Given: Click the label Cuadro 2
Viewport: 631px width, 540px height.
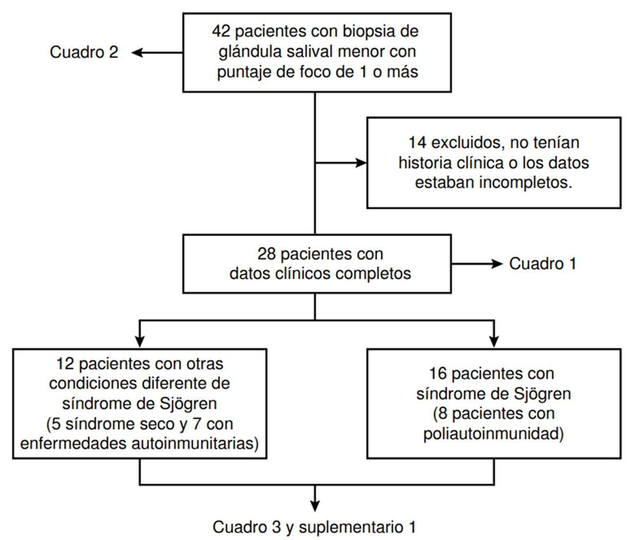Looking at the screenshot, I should click(x=84, y=52).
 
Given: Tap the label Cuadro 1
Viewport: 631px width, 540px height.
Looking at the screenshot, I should click(x=543, y=263).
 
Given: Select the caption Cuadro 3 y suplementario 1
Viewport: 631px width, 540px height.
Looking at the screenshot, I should click(x=314, y=527).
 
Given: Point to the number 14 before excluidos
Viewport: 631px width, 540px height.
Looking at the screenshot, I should click(x=417, y=143).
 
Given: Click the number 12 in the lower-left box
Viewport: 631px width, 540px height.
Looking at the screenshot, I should click(x=66, y=364).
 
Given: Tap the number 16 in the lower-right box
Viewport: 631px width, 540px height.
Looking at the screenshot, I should click(x=438, y=374).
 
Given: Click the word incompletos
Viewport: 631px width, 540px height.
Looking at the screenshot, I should click(x=525, y=182).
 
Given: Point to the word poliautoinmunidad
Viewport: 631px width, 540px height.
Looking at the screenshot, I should click(x=493, y=433).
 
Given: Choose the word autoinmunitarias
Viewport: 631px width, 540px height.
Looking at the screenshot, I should click(x=195, y=443).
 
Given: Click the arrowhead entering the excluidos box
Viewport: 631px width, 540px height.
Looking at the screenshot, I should click(x=361, y=163).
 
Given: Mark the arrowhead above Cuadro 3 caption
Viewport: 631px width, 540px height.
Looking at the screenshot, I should click(x=315, y=505).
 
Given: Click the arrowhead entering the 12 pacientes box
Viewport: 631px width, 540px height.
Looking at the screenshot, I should click(x=140, y=342).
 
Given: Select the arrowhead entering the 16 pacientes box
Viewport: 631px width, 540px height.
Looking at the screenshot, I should click(x=494, y=342).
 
